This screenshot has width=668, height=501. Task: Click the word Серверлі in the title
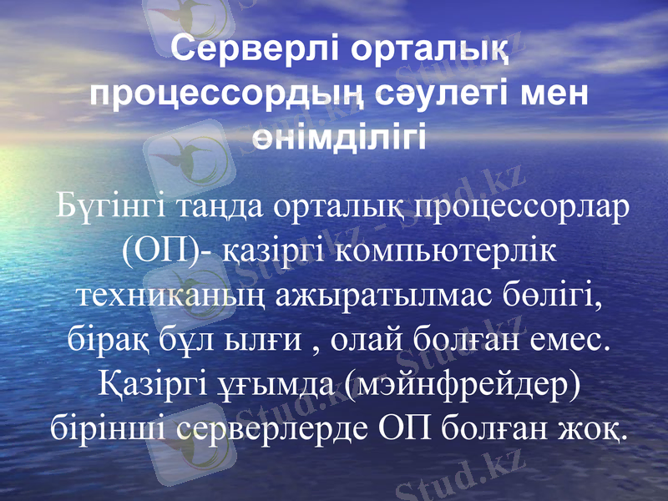click(x=250, y=53)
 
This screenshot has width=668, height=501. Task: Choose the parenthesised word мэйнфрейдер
click(x=452, y=385)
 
